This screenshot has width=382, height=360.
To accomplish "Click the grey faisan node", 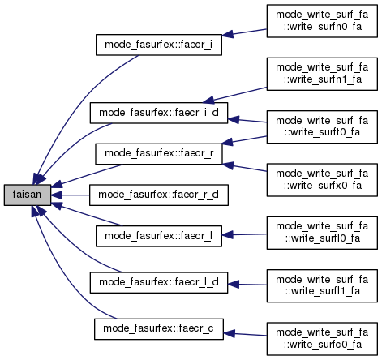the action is pos(28,195).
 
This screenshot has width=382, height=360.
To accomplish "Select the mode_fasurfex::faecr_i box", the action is pos(159,45).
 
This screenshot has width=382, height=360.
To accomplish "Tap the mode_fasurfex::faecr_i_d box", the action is pos(159,113).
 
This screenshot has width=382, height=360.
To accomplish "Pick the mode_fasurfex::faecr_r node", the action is pos(159,153).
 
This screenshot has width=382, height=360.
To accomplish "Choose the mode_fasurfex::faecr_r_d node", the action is pos(159,195).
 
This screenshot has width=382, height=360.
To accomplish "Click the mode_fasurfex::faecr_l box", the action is pos(159,236).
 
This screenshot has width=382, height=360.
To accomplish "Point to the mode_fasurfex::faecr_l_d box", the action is pos(159,282).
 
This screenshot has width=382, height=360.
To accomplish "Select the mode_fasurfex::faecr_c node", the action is pos(159,329).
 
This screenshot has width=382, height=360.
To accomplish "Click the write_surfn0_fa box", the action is pos(322,21).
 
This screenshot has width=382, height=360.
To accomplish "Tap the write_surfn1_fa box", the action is pos(322,74).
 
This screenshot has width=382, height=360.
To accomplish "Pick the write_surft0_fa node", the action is pos(322,126).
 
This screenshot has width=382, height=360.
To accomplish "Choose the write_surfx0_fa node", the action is pos(322,180).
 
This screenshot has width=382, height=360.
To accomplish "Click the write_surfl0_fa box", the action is pos(322,233).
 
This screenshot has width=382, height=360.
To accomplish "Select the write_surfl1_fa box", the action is pos(322,285).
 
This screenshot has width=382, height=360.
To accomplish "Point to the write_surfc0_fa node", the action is pos(322,339).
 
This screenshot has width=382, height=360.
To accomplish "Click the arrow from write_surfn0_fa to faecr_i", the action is pos(244,32).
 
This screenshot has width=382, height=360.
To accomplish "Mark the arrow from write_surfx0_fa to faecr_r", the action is pos(244,167).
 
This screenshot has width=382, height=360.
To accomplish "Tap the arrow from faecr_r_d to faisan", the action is pos(70,195).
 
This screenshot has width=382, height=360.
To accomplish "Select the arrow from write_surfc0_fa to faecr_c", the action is pos(245,335).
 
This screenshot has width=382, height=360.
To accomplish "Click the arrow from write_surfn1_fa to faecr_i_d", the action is pos(234,95).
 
